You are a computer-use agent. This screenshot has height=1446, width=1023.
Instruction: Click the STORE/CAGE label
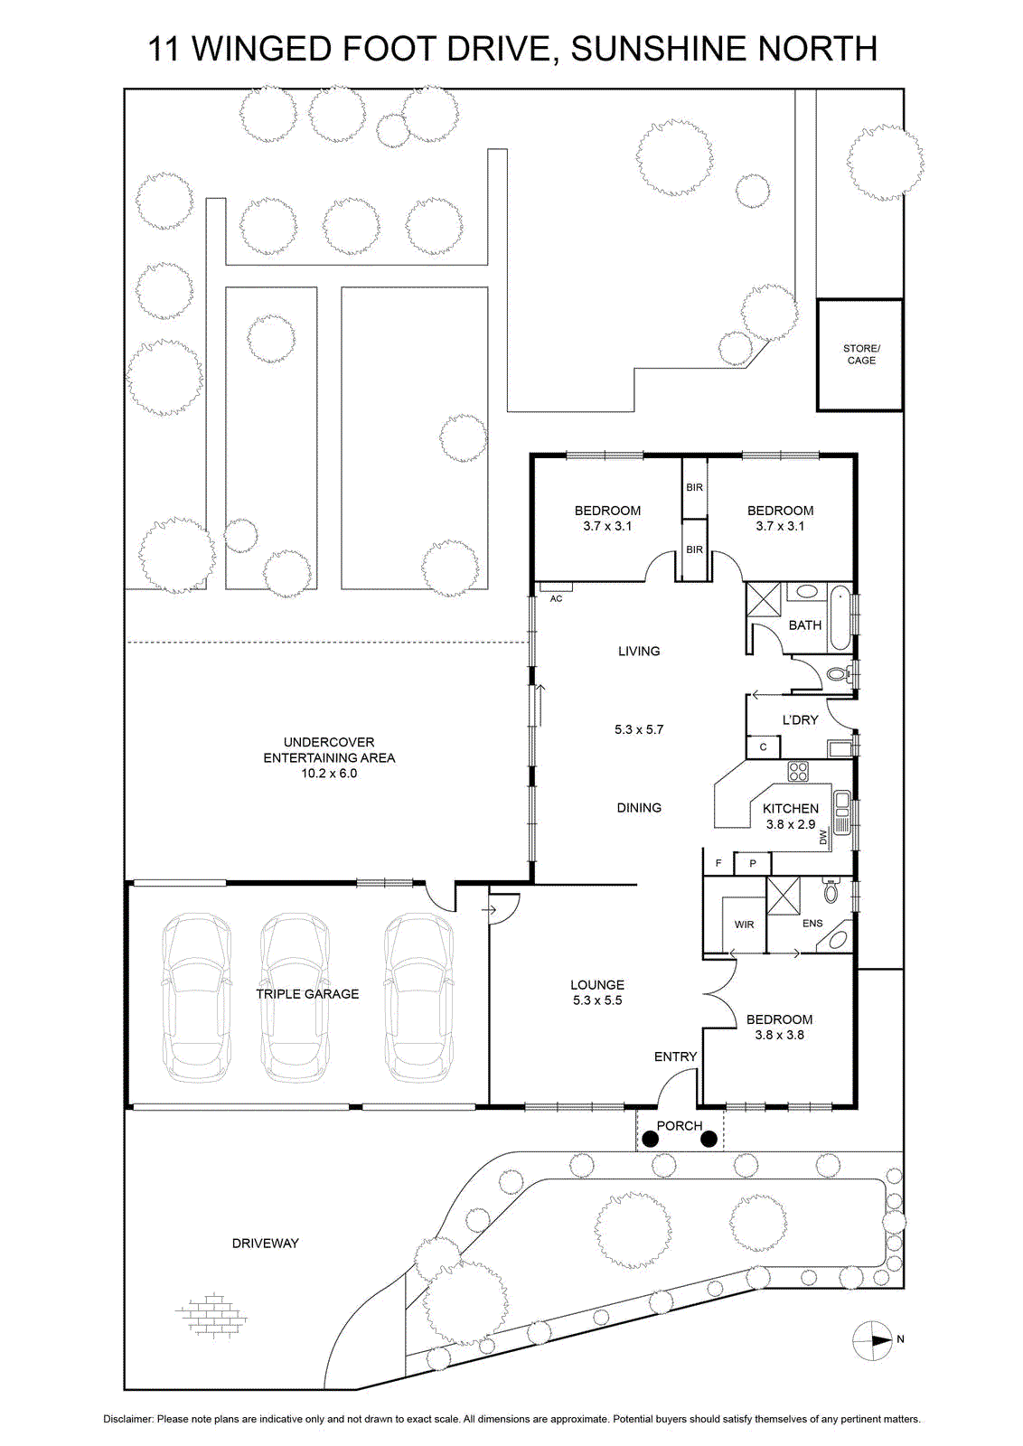[x=861, y=354]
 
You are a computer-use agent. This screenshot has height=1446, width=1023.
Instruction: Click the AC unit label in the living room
[x=556, y=598]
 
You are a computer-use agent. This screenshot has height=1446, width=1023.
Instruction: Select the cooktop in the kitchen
[x=798, y=772]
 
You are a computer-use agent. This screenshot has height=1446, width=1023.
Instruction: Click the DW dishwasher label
[x=823, y=838]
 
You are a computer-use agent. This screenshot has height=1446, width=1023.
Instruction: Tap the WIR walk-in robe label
[x=744, y=925]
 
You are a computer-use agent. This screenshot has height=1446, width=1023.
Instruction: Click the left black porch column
[x=650, y=1140]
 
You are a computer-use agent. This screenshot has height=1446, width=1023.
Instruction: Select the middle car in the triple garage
[x=295, y=998]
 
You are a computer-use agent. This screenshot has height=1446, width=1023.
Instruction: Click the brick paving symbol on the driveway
[x=211, y=1313]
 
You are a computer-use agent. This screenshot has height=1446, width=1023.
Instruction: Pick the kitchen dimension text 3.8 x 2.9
[x=791, y=824]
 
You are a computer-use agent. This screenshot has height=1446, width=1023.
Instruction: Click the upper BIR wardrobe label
[x=694, y=487]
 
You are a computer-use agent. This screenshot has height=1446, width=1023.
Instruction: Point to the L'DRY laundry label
[x=801, y=719]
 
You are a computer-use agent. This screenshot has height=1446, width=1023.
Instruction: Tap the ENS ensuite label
[x=812, y=923]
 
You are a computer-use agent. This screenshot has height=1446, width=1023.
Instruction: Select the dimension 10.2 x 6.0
[x=329, y=774]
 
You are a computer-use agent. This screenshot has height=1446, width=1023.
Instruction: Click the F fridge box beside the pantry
[x=718, y=863]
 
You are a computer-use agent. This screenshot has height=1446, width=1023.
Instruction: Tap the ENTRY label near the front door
[x=675, y=1056]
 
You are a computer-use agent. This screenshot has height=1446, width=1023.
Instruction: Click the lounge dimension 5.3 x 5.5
[x=597, y=1000]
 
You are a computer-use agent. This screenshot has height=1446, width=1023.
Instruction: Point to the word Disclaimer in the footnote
[x=127, y=1420]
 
